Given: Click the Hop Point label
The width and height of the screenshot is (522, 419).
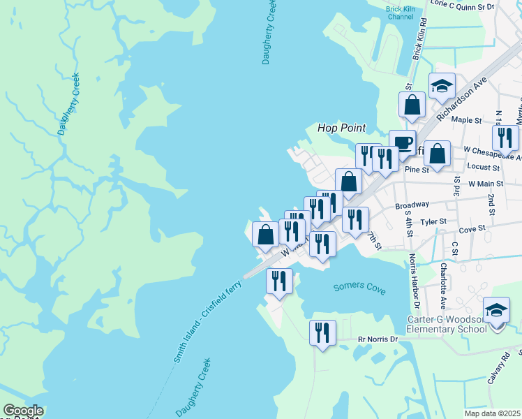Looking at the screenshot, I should coord(342,128).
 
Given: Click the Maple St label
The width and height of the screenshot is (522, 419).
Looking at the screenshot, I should coord(467,120).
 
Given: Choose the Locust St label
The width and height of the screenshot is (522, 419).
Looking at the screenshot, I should coord(484,168).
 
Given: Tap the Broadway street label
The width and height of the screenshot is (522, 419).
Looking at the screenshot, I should coord(412,205).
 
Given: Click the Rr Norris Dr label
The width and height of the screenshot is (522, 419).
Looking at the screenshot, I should coord(377,339).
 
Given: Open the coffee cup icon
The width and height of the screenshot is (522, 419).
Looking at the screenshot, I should coord(402,142).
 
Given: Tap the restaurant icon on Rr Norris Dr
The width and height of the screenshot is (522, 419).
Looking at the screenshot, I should coord(322,332).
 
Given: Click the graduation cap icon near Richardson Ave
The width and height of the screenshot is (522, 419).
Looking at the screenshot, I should coord(442,86).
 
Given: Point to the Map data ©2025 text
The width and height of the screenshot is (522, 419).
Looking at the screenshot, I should coord(496,413).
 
